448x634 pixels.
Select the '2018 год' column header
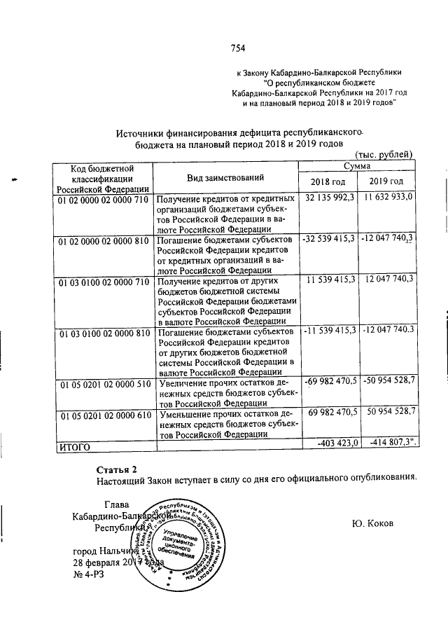[329, 183]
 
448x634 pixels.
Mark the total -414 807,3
[389, 443]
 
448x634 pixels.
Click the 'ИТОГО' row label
[76, 444]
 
